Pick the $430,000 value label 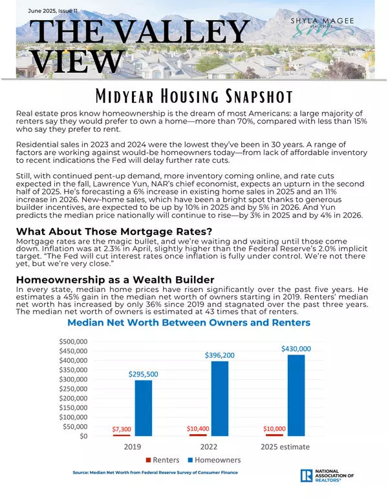point(296,348)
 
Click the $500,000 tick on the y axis point(74,340)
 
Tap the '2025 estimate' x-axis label point(284,446)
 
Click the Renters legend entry point(163,461)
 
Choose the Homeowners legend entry point(214,461)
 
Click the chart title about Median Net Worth point(189,322)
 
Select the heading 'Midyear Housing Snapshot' point(193,97)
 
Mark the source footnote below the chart point(156,473)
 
